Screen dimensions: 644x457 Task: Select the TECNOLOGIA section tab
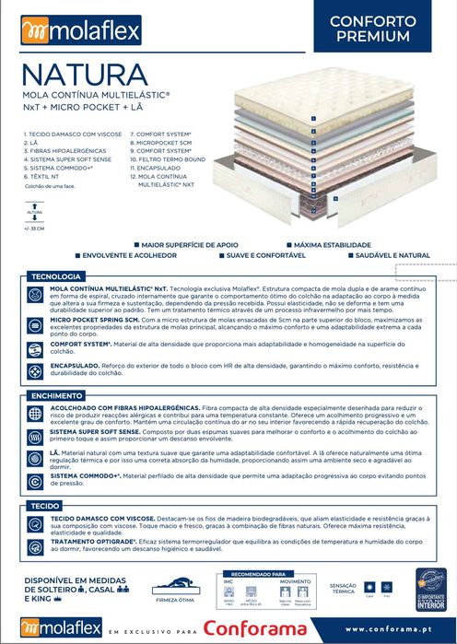(57, 276)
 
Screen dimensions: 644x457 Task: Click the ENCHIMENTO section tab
(56, 396)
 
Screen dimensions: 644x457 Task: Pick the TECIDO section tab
(44, 507)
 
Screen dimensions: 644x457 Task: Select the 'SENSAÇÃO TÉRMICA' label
(343, 589)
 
